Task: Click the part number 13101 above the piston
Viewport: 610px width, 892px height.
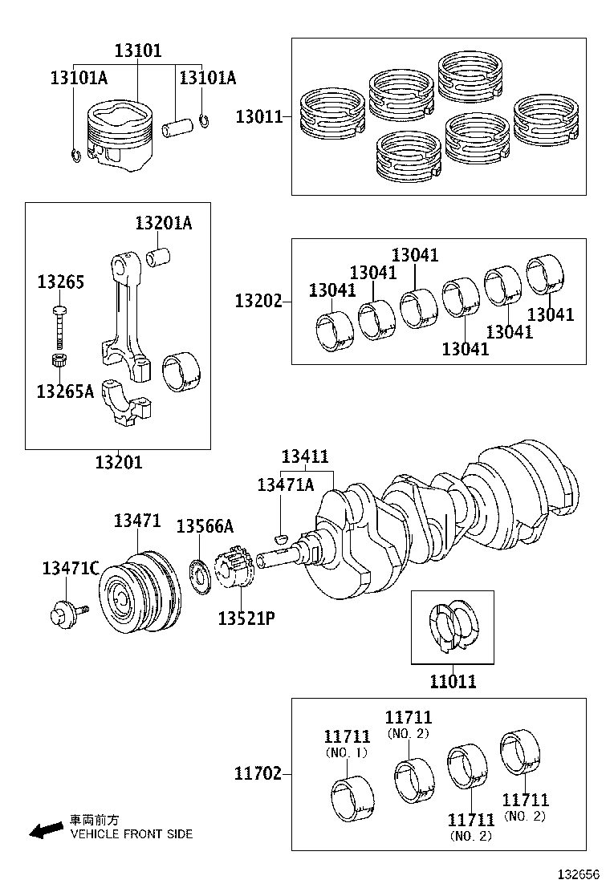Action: coord(137,51)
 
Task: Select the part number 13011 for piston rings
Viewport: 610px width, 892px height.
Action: coord(258,117)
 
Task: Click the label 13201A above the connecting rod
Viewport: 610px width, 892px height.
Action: coord(163,224)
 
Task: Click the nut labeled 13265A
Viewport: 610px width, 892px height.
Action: coord(59,361)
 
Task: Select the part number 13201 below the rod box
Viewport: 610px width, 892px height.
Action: coord(118,462)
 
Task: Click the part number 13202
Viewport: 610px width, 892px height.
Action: coord(258,302)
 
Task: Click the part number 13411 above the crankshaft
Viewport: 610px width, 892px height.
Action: coord(305,456)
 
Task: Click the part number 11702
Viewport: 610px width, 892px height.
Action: coord(258,774)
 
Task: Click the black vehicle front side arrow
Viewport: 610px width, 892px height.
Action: coord(45,830)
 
